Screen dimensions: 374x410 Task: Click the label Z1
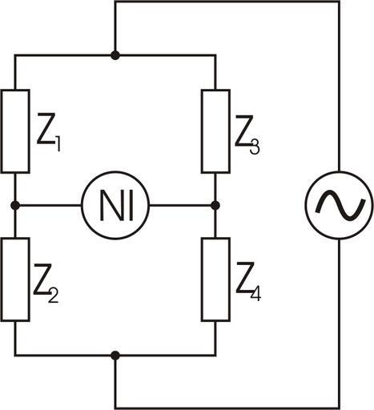point(49,132)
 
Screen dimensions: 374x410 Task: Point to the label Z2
point(46,283)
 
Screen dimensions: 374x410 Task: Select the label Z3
point(247,135)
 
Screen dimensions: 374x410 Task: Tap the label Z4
point(248,282)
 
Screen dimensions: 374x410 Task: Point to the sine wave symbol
point(340,206)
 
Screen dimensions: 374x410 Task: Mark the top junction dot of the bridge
point(115,55)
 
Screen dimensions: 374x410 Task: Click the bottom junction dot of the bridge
point(115,356)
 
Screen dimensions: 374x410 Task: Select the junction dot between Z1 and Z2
point(15,206)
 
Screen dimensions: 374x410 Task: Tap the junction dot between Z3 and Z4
point(215,206)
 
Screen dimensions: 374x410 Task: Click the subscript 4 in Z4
point(255,295)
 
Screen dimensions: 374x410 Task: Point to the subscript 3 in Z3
point(255,147)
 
